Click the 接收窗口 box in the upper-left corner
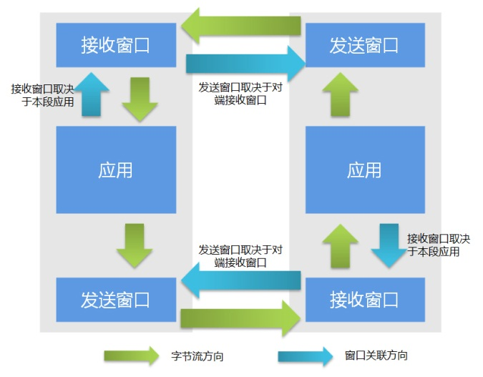(x=116, y=45)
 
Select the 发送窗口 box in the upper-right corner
(x=364, y=45)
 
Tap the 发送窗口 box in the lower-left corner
(x=116, y=300)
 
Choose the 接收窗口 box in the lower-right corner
(x=364, y=300)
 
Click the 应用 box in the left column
(x=116, y=170)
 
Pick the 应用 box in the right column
(x=364, y=170)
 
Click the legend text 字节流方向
(x=192, y=356)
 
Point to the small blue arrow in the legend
(x=306, y=356)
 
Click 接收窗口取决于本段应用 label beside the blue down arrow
(x=439, y=245)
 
